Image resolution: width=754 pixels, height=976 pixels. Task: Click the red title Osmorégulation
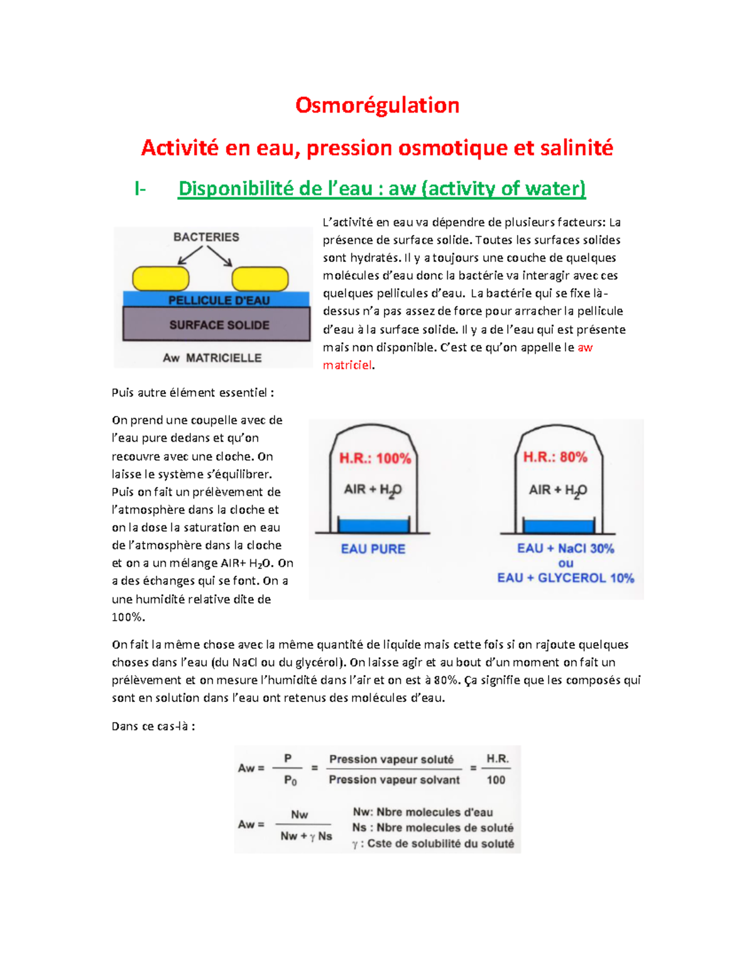tap(377, 106)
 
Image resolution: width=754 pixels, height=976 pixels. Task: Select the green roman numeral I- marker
tap(140, 189)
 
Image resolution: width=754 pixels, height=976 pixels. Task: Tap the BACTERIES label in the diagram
tap(206, 237)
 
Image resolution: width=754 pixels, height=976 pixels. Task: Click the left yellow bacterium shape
tap(161, 278)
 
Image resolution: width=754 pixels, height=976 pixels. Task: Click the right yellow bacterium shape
tap(260, 278)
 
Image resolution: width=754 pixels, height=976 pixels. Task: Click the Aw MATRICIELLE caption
tap(212, 358)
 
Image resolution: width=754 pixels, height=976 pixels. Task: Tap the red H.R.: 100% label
tap(375, 458)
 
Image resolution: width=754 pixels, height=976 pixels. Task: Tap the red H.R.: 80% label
tap(555, 457)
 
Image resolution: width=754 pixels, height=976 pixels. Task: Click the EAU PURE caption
tap(373, 549)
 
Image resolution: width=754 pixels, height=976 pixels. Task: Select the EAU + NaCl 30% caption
tap(565, 548)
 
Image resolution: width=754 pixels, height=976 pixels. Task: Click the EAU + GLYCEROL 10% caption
tap(565, 578)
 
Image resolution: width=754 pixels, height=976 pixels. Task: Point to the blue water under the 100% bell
tap(373, 525)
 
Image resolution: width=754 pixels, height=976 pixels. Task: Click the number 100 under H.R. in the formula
tap(496, 780)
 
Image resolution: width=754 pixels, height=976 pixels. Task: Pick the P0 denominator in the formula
tap(290, 781)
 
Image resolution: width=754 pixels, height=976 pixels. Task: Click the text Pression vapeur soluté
tap(391, 759)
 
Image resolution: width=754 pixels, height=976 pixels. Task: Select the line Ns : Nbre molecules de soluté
tap(433, 828)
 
